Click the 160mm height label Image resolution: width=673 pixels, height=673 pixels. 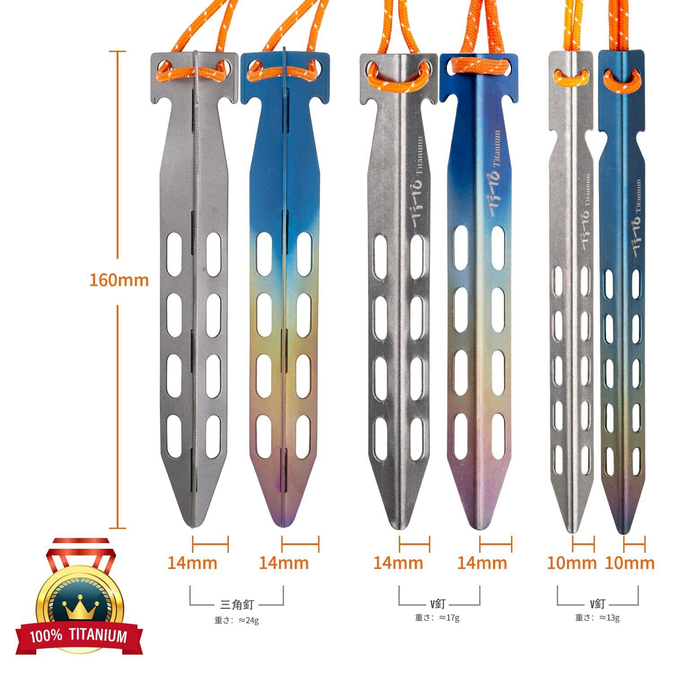click(x=119, y=280)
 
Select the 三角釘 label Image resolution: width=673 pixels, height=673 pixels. click(x=237, y=604)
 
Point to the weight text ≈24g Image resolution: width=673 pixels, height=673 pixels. click(x=237, y=621)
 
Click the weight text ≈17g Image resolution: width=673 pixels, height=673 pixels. click(x=437, y=618)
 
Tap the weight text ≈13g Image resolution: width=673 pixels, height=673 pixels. click(x=598, y=618)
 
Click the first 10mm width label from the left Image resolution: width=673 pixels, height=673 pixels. click(x=571, y=563)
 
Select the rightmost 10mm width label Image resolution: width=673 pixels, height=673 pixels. click(x=629, y=563)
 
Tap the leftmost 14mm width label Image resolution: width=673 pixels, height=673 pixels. click(x=192, y=563)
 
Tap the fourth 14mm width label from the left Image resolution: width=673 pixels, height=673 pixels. click(x=482, y=563)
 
